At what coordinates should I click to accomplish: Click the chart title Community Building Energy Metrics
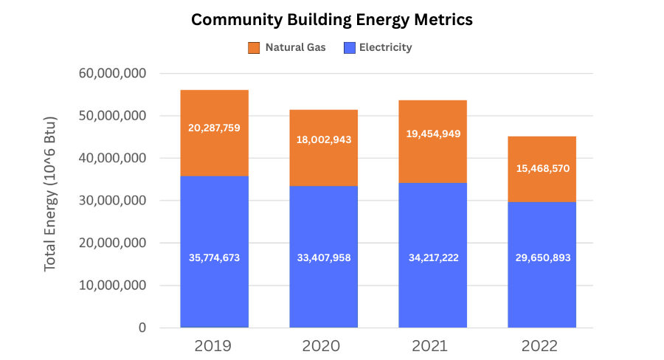point(332,20)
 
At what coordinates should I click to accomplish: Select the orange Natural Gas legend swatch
point(254,48)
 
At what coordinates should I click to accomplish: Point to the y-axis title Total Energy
point(50,193)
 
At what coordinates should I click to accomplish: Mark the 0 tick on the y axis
point(143,328)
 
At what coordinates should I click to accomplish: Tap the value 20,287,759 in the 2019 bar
point(214,128)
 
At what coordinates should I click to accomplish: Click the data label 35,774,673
point(214,257)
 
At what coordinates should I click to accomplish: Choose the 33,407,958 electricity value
point(323,257)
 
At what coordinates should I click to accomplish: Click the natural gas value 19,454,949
point(432,134)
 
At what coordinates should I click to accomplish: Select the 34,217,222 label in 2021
point(432,257)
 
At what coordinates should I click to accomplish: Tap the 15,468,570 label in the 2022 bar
point(542,168)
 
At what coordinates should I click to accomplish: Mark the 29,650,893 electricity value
point(542,257)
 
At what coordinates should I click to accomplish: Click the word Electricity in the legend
point(385,48)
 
